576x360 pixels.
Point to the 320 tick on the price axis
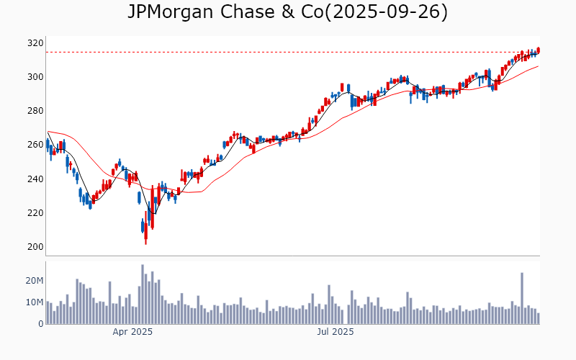click(x=35, y=43)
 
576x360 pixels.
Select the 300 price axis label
click(x=35, y=77)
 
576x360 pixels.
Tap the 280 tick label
click(x=35, y=111)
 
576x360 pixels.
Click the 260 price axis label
click(x=35, y=145)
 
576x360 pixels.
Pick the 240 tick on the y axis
click(x=35, y=179)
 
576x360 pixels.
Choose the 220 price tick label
click(x=35, y=212)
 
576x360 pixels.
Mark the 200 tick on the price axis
click(x=35, y=246)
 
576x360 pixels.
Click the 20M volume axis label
click(x=34, y=280)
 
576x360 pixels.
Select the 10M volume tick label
click(x=34, y=302)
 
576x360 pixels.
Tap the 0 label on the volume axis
click(x=40, y=324)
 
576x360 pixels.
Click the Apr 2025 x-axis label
click(x=132, y=332)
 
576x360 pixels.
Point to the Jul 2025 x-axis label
click(x=336, y=332)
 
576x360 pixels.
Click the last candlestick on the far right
click(x=538, y=50)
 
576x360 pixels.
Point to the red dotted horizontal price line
click(x=288, y=52)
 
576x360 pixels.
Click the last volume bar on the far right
click(x=538, y=318)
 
